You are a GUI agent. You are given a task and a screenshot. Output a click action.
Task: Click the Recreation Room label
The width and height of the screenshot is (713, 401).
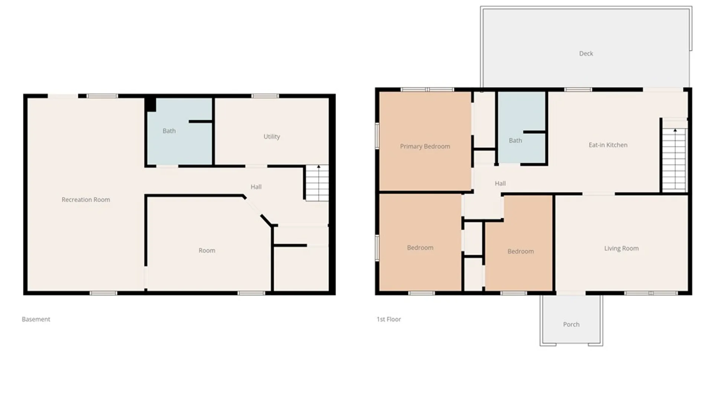[86, 200]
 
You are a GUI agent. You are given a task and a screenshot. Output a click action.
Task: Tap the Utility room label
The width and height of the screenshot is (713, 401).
[272, 137]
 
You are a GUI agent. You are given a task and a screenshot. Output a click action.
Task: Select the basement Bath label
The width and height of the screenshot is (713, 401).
[169, 131]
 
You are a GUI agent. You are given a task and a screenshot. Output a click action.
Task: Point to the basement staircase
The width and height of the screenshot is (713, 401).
[317, 183]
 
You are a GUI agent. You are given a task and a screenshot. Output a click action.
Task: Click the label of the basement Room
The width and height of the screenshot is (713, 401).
[207, 251]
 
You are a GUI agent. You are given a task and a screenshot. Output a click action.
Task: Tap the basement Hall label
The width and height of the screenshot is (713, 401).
[256, 187]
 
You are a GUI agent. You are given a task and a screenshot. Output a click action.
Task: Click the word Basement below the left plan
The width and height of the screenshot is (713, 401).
[36, 319]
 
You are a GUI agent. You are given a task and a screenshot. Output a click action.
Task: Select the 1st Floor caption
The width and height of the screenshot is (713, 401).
[389, 319]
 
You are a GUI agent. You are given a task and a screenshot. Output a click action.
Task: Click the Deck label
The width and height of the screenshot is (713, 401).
[586, 53]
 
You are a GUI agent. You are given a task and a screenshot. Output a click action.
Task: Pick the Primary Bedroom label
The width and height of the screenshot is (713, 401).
[425, 146]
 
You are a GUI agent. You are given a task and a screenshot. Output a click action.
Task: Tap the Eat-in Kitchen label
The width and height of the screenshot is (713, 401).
[608, 145]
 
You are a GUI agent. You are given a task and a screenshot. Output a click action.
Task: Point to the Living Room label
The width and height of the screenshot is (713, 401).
[621, 248]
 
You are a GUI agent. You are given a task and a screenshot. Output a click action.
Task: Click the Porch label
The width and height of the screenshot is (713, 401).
[571, 325]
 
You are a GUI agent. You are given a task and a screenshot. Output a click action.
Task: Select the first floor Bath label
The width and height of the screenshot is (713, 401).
[515, 140]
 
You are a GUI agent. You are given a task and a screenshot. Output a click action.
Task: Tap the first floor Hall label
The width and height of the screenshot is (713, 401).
[500, 183]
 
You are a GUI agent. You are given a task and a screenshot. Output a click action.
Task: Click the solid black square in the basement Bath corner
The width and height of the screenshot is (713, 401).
[150, 104]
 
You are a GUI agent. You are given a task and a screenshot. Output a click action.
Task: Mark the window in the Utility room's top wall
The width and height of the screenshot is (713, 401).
[265, 96]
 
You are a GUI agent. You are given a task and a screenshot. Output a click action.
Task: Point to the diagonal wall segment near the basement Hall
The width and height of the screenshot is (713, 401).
[266, 220]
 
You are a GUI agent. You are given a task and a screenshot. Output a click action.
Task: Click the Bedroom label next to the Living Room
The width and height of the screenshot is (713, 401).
[521, 251]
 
